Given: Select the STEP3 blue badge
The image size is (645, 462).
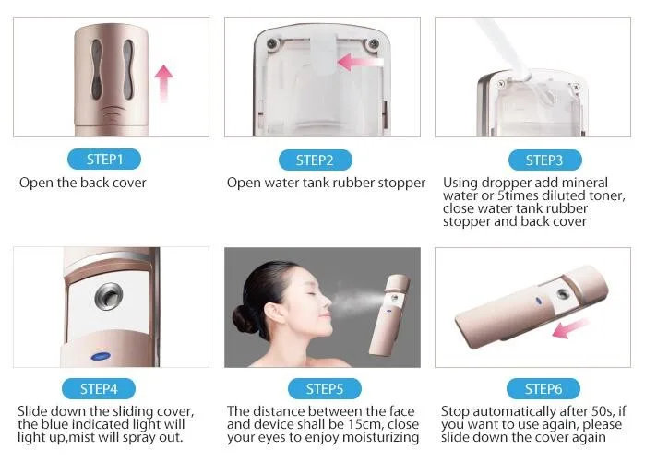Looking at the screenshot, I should pyautogui.click(x=543, y=160).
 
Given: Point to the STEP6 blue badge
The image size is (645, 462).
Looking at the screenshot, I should pyautogui.click(x=543, y=388).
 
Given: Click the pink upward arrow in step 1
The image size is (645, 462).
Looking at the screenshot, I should pyautogui.click(x=164, y=83).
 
